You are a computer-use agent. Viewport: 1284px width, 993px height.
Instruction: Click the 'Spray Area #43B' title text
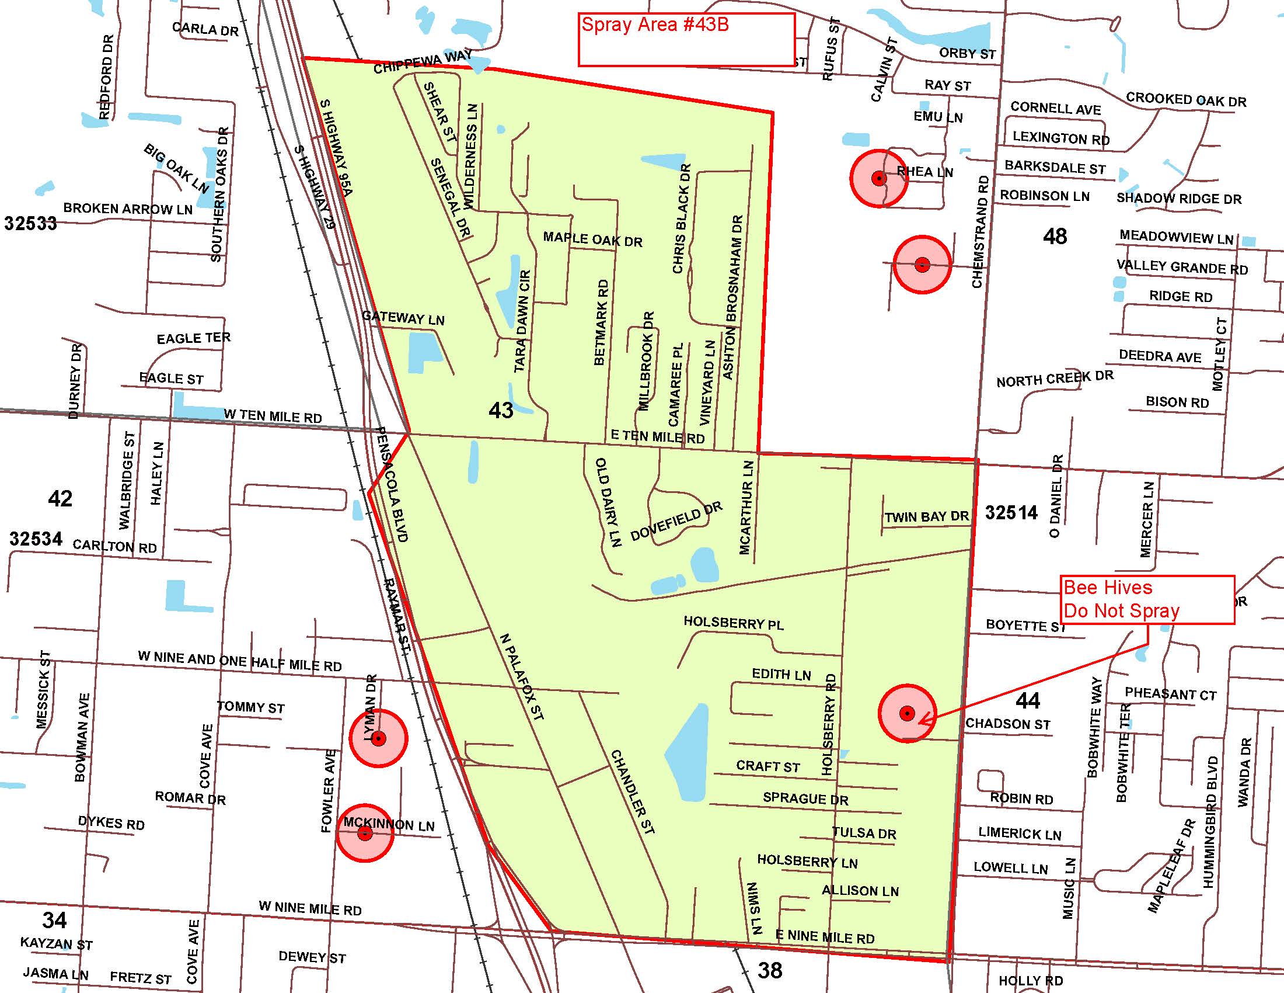tap(655, 25)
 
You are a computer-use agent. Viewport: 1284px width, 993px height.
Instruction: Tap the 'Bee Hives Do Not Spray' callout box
tap(1148, 599)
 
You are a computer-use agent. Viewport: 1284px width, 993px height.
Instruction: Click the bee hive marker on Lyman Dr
tap(379, 738)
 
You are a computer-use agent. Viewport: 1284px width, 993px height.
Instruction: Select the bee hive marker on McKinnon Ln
tap(365, 833)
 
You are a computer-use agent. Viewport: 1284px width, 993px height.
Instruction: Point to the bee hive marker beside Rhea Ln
tap(879, 178)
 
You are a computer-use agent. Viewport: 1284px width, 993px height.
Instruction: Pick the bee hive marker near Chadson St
tap(907, 714)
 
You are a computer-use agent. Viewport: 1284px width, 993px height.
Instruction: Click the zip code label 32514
tap(1011, 513)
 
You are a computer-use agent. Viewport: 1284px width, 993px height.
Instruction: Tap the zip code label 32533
tap(30, 224)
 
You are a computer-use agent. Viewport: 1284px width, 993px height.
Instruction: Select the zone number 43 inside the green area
tap(501, 410)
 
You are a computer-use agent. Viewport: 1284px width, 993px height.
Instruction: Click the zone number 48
tap(1055, 237)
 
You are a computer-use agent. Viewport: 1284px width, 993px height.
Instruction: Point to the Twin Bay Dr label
tap(927, 517)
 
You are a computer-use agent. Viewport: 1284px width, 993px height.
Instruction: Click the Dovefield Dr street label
tap(676, 522)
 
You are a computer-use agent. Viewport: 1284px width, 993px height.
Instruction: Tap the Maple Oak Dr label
tap(592, 239)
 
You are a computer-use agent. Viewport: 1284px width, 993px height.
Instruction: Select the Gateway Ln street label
tap(403, 318)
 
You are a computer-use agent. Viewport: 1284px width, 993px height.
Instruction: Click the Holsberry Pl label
tap(733, 623)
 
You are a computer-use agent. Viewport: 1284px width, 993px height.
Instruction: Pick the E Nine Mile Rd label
tap(825, 937)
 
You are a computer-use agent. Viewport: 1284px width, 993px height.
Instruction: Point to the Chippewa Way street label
tap(423, 62)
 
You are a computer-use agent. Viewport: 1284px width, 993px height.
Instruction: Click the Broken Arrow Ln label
tap(128, 209)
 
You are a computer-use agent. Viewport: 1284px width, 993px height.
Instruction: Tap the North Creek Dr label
tap(1055, 379)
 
